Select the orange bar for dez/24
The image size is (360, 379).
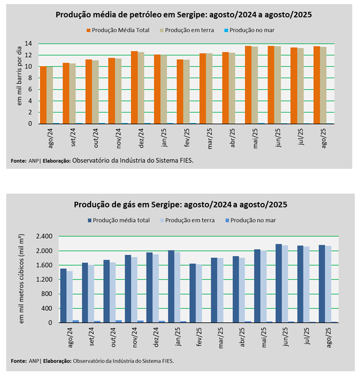(x=134, y=88)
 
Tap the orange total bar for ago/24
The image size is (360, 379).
(x=43, y=95)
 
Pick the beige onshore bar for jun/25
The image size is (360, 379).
(x=278, y=85)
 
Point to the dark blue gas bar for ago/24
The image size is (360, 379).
(x=63, y=296)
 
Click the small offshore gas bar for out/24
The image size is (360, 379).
(x=119, y=321)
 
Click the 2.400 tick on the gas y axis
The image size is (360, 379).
(x=43, y=237)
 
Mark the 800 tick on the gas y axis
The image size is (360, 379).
(x=47, y=294)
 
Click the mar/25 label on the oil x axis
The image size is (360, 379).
(x=209, y=137)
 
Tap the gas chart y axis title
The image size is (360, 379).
(x=21, y=279)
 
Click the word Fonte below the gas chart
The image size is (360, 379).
(x=19, y=360)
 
